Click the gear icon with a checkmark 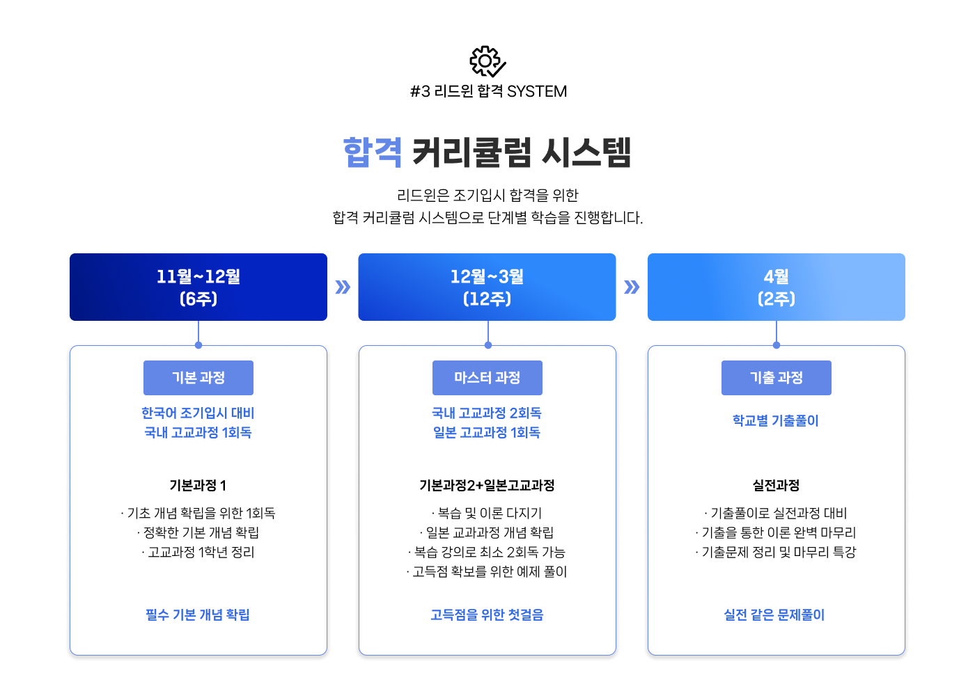click(x=487, y=61)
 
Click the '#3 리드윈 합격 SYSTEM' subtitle click(x=488, y=91)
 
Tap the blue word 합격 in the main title click(x=373, y=152)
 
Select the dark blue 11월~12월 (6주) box click(x=198, y=287)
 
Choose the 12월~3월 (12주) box click(x=487, y=287)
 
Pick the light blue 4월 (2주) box click(x=776, y=287)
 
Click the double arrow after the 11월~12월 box click(x=343, y=287)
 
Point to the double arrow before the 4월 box click(x=632, y=287)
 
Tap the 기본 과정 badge click(x=198, y=377)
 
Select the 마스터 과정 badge click(x=487, y=377)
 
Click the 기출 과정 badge click(x=776, y=377)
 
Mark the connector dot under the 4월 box click(x=776, y=345)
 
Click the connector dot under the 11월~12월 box click(x=198, y=345)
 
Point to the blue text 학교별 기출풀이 click(x=775, y=420)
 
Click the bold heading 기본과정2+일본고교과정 click(x=487, y=486)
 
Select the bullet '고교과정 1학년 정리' click(x=198, y=552)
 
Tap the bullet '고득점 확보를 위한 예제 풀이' click(x=487, y=571)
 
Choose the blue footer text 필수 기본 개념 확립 click(x=198, y=614)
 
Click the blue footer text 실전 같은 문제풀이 click(x=774, y=614)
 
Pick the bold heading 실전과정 click(x=776, y=486)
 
